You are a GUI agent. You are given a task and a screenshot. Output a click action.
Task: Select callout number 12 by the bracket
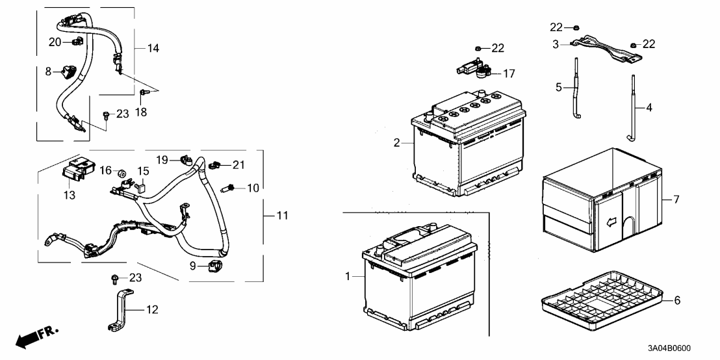[x=151, y=310]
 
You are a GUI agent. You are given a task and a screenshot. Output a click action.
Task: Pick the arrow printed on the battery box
[x=611, y=223]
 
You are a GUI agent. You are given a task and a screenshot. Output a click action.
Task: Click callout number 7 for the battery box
[x=676, y=199]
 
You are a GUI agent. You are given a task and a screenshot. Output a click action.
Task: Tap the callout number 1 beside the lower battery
[x=348, y=277]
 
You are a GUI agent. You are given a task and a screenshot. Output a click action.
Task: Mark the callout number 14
[x=153, y=48]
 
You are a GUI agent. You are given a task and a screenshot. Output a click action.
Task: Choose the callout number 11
[x=282, y=215]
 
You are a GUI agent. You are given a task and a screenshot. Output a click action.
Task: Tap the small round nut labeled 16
[x=122, y=173]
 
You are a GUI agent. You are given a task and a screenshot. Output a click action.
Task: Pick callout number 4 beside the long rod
[x=648, y=107]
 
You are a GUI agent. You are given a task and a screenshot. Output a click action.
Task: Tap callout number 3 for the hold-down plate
[x=556, y=44]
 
